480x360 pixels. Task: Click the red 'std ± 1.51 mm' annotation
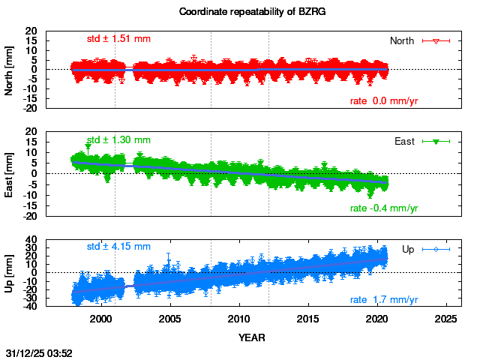(118, 39)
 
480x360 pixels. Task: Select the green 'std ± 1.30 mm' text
(118, 139)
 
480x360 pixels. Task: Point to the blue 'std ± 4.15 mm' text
(118, 246)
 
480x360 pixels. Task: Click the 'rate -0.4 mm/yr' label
(384, 208)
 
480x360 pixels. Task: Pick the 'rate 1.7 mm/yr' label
(384, 300)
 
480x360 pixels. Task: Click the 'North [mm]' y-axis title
(10, 70)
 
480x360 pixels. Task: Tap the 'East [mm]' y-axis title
(10, 173)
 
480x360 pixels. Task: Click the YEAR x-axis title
(251, 337)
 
